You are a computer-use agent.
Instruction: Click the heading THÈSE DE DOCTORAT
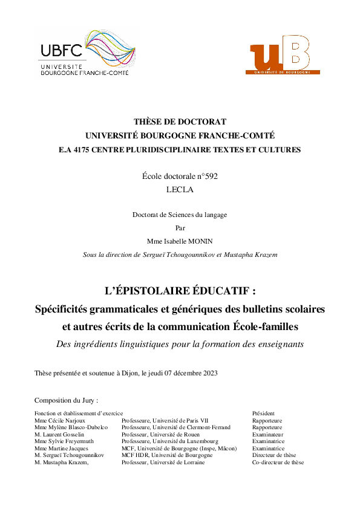(x=180, y=122)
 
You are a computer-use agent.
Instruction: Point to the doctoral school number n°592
(x=204, y=177)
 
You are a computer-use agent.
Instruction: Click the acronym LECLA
(x=180, y=189)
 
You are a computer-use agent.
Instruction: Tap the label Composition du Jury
(x=66, y=400)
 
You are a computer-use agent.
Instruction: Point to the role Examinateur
(x=267, y=435)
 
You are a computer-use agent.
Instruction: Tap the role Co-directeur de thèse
(x=278, y=462)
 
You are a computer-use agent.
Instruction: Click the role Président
(x=263, y=413)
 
